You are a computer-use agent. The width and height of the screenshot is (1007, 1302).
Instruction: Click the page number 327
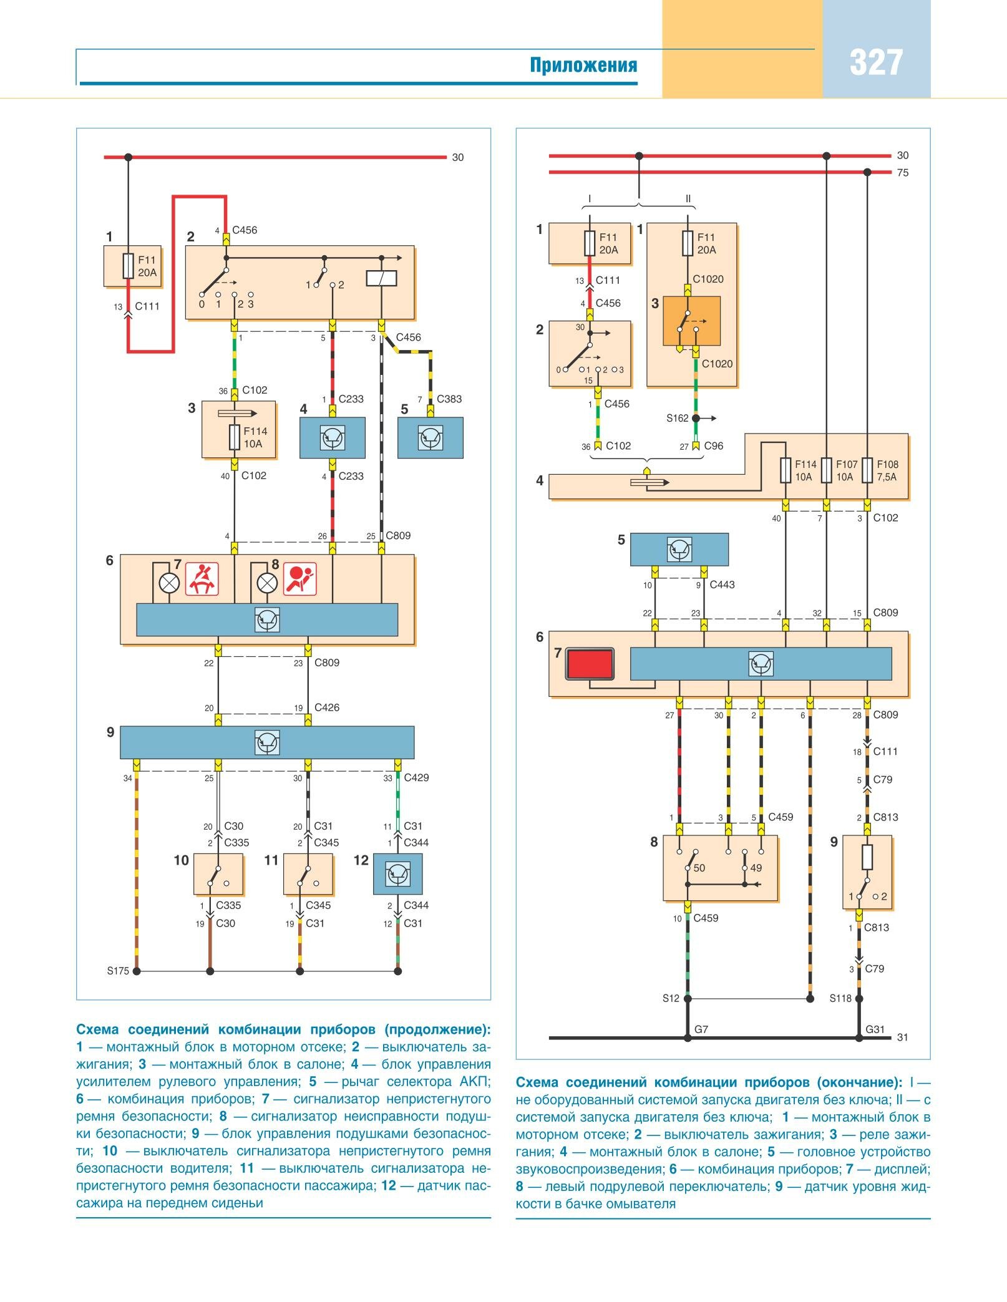click(875, 63)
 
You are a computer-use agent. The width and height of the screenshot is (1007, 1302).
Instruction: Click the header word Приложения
click(583, 65)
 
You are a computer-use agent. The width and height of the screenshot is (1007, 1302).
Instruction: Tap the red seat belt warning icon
click(202, 578)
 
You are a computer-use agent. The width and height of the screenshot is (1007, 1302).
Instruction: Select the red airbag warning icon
click(300, 578)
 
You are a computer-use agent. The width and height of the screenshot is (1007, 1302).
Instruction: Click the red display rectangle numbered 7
click(590, 664)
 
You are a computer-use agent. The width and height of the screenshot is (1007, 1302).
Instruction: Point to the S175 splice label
click(118, 971)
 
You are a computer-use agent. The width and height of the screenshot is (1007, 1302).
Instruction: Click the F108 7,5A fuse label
click(887, 470)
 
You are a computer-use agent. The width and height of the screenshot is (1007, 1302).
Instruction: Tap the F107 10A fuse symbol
click(826, 470)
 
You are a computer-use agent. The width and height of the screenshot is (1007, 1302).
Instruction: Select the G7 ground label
click(701, 1029)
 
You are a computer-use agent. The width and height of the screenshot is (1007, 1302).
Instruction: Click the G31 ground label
click(875, 1029)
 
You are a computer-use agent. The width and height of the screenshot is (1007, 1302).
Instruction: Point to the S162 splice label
click(677, 418)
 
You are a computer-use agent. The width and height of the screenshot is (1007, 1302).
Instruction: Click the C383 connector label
click(449, 399)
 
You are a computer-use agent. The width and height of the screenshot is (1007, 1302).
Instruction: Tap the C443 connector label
click(722, 585)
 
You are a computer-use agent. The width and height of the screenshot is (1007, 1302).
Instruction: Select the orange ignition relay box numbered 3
click(691, 321)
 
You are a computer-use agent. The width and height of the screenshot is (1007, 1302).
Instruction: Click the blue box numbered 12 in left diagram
click(397, 874)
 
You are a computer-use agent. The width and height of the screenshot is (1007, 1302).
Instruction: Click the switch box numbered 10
click(218, 874)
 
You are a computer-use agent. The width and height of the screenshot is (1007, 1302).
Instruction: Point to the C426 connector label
click(327, 707)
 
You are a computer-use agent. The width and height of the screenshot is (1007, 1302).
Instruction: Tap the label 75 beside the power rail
click(903, 173)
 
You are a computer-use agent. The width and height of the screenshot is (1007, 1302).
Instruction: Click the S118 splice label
click(840, 998)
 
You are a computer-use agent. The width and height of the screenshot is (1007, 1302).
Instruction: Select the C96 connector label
click(714, 446)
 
